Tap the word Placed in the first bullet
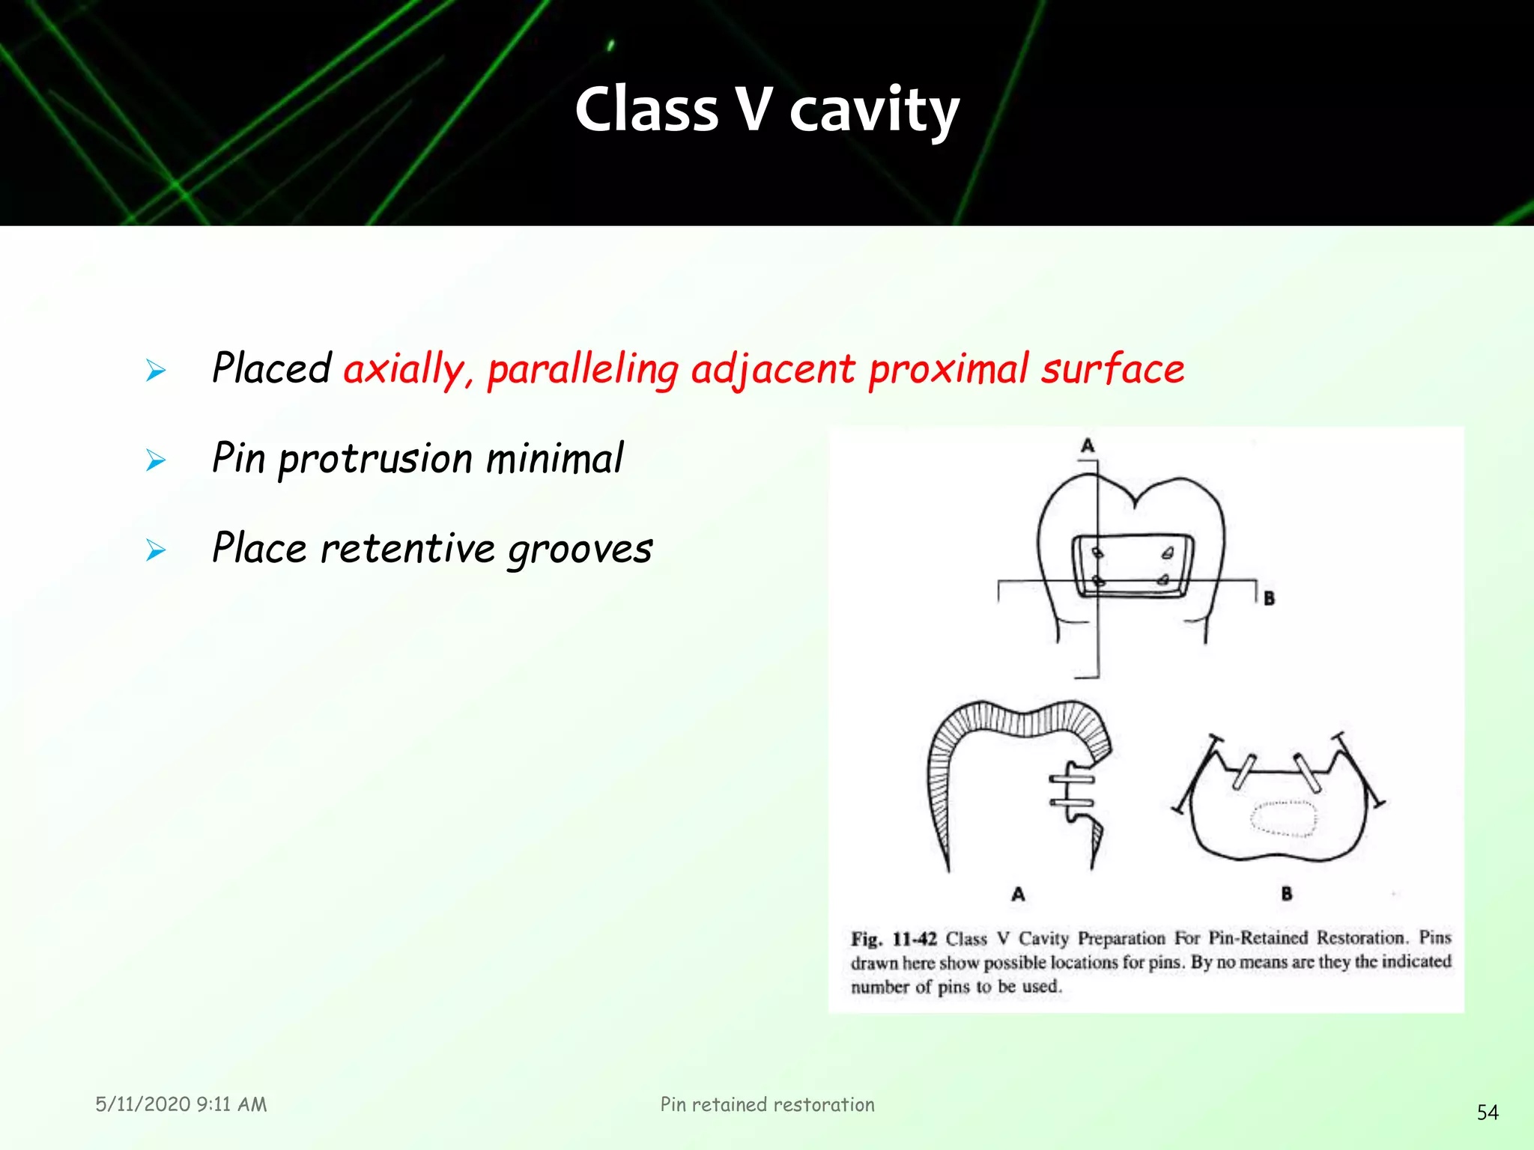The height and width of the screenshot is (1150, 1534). [271, 368]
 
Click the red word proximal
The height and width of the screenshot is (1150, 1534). [948, 368]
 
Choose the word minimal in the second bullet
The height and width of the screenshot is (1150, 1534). [554, 458]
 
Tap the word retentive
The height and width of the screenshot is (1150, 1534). [407, 548]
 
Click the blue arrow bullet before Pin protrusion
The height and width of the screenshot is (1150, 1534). [156, 460]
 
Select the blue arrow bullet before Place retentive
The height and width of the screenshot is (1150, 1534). [156, 550]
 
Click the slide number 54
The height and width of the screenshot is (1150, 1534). [1488, 1113]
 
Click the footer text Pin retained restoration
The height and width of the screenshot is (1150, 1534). [767, 1104]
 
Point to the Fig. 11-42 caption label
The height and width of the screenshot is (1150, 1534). [894, 939]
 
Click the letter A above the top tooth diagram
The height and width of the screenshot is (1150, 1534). [1088, 446]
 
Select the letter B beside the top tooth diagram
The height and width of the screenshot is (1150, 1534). [1269, 598]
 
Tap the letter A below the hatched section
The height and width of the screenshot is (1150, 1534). [1018, 894]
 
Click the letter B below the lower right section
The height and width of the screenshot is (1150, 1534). [1287, 893]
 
